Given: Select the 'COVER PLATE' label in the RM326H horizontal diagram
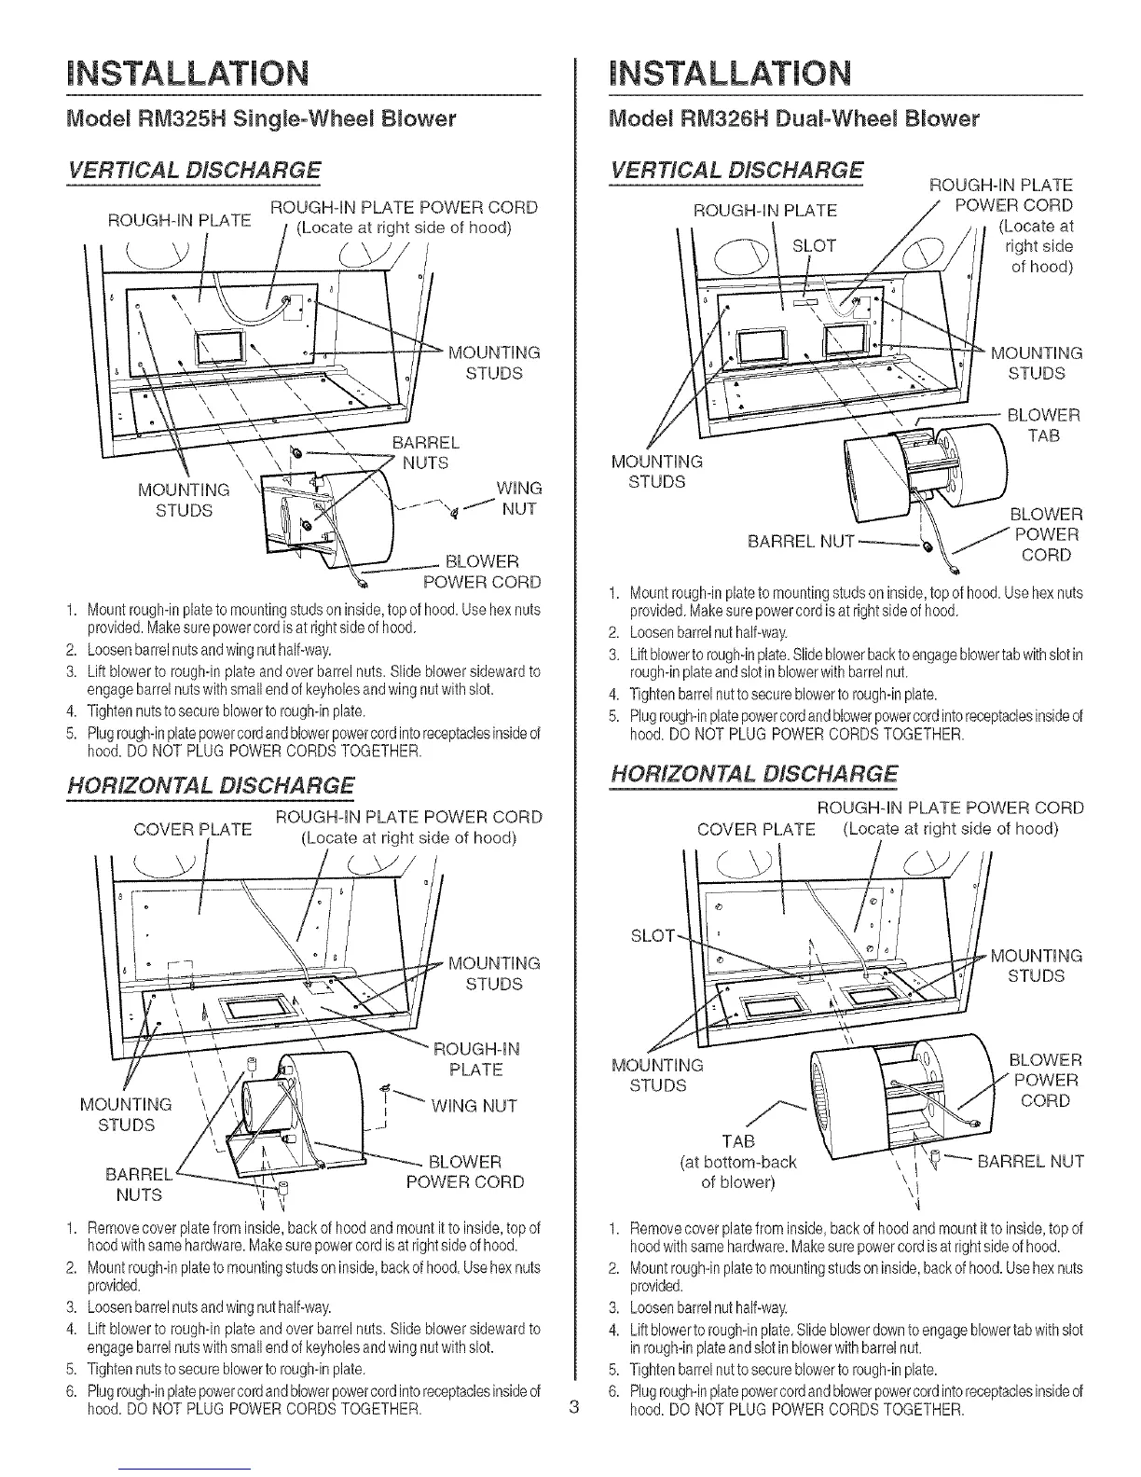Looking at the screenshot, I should [x=756, y=830].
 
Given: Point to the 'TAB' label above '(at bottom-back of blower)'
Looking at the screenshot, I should [x=740, y=1141].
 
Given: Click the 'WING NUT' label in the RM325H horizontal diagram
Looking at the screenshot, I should [x=473, y=1106].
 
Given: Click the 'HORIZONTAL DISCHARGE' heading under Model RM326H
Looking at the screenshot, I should [x=754, y=774].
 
